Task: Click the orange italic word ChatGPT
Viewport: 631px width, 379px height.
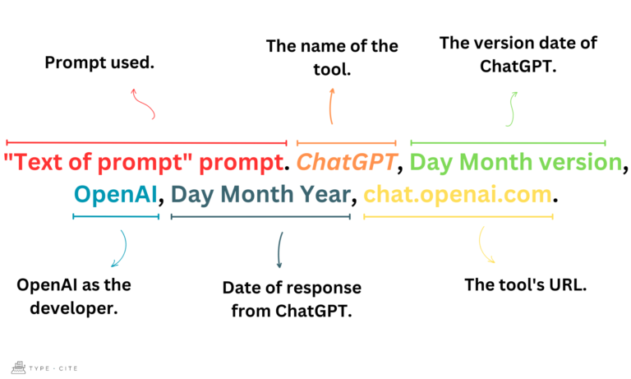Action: (346, 162)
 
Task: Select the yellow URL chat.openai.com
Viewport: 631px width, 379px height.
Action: (457, 195)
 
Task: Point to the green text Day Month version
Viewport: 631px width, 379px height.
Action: (515, 162)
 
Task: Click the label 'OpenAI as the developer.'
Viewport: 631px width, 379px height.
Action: (74, 295)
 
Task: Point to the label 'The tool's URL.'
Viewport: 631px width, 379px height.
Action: (514, 285)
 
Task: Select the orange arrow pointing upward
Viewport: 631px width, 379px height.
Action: (331, 105)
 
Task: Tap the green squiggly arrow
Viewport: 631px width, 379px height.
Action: (511, 108)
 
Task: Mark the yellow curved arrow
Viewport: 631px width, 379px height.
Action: (486, 246)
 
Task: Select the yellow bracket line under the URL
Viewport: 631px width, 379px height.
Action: (458, 217)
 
